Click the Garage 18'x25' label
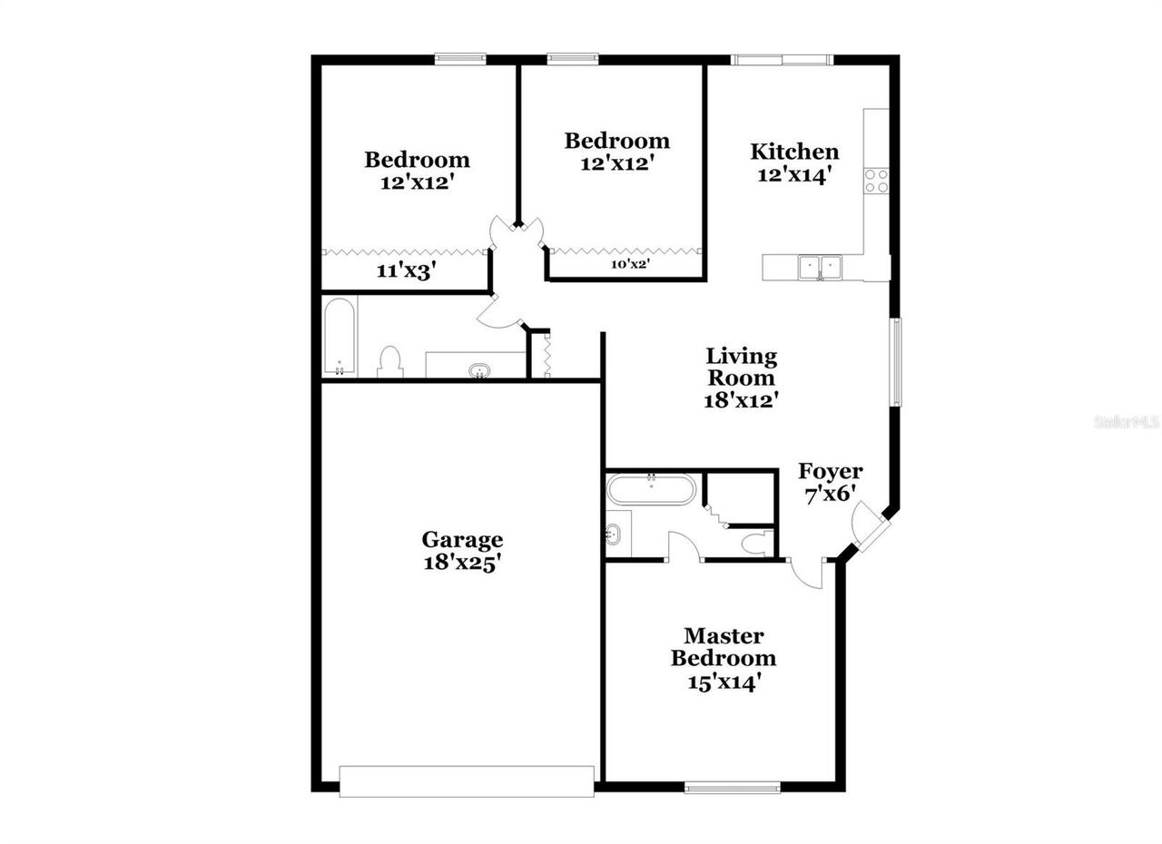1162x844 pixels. (x=462, y=551)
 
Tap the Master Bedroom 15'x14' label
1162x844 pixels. (x=724, y=659)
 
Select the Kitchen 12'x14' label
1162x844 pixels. (x=794, y=162)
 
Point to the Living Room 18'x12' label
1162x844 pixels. (x=742, y=378)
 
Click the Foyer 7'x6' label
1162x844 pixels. (x=830, y=482)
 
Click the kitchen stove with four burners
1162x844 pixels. (x=876, y=180)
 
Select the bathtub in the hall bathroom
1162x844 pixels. (x=340, y=337)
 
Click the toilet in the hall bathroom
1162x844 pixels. (x=390, y=361)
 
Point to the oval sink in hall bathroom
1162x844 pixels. (x=478, y=369)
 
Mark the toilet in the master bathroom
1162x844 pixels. (x=754, y=544)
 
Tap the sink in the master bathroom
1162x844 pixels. (x=617, y=535)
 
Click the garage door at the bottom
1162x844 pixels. (x=467, y=781)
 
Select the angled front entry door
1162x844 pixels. (x=871, y=527)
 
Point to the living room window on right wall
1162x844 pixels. (x=896, y=361)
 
